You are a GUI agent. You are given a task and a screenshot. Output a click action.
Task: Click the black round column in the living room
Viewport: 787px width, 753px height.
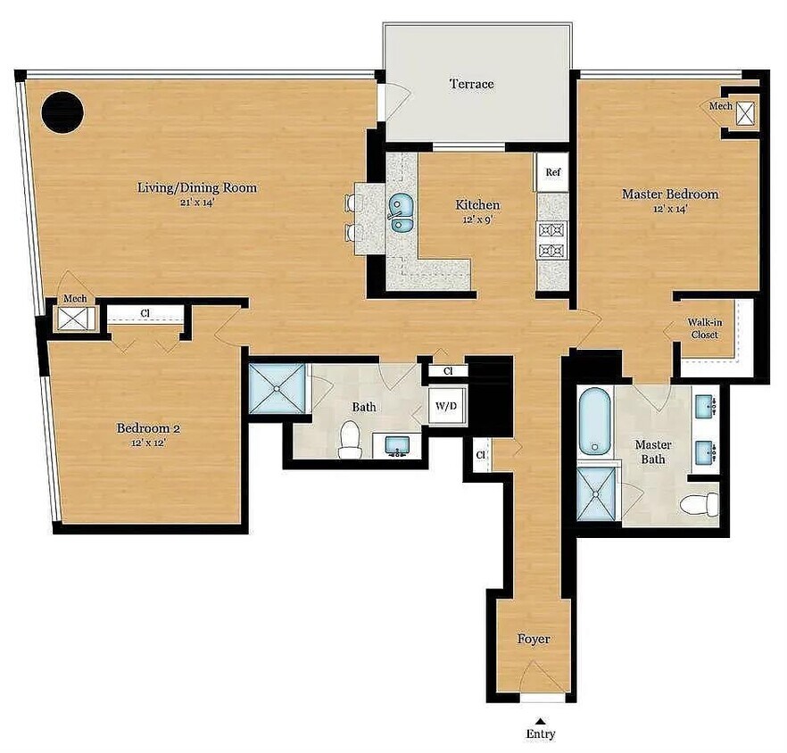63,112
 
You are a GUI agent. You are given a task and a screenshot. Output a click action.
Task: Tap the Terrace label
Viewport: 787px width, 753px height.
471,85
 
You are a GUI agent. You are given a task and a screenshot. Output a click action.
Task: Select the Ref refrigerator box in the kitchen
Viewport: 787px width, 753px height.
552,173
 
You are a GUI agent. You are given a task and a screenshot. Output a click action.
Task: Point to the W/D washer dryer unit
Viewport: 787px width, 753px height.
446,407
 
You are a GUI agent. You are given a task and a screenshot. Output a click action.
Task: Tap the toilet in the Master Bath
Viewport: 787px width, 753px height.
699,505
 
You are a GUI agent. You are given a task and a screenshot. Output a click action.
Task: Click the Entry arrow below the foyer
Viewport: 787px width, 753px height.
539,721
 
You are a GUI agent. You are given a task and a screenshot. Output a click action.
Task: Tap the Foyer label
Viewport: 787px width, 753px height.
534,640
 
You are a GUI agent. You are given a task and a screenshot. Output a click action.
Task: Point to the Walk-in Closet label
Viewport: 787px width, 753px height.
704,328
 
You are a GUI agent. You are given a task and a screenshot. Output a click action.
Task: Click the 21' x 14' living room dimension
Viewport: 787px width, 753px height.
196,203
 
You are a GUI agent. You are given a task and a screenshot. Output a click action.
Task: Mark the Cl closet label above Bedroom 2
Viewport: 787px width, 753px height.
145,314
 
